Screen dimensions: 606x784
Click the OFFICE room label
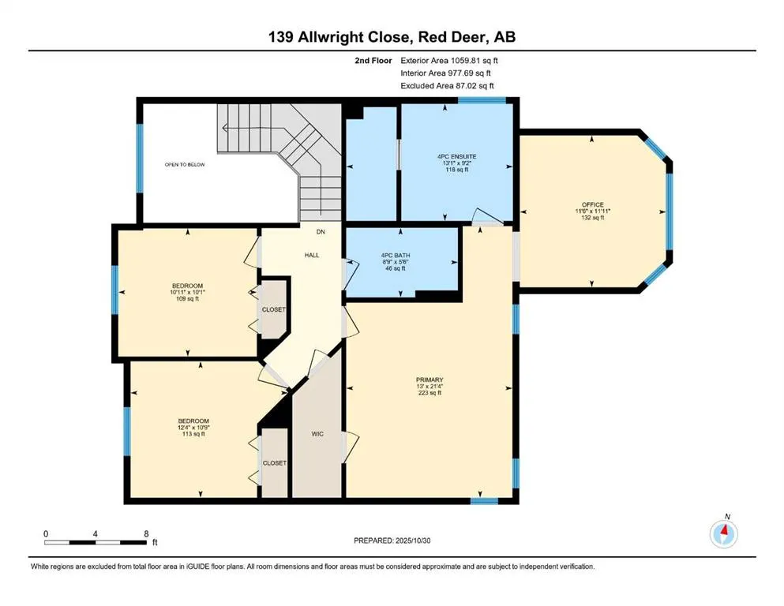592,204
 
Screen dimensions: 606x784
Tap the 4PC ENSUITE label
452,157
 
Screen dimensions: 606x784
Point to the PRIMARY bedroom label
430,380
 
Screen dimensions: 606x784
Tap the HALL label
311,256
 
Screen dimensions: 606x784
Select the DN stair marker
321,232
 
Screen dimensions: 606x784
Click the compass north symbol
723,533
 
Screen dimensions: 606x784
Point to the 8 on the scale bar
146,533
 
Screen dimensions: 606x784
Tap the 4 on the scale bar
96,533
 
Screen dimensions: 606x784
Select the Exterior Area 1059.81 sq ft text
449,59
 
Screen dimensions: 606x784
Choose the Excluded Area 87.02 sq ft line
448,85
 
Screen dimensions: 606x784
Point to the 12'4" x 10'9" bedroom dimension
193,427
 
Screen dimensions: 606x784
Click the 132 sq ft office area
592,218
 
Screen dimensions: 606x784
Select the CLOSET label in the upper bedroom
274,310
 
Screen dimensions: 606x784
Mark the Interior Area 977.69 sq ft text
447,73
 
